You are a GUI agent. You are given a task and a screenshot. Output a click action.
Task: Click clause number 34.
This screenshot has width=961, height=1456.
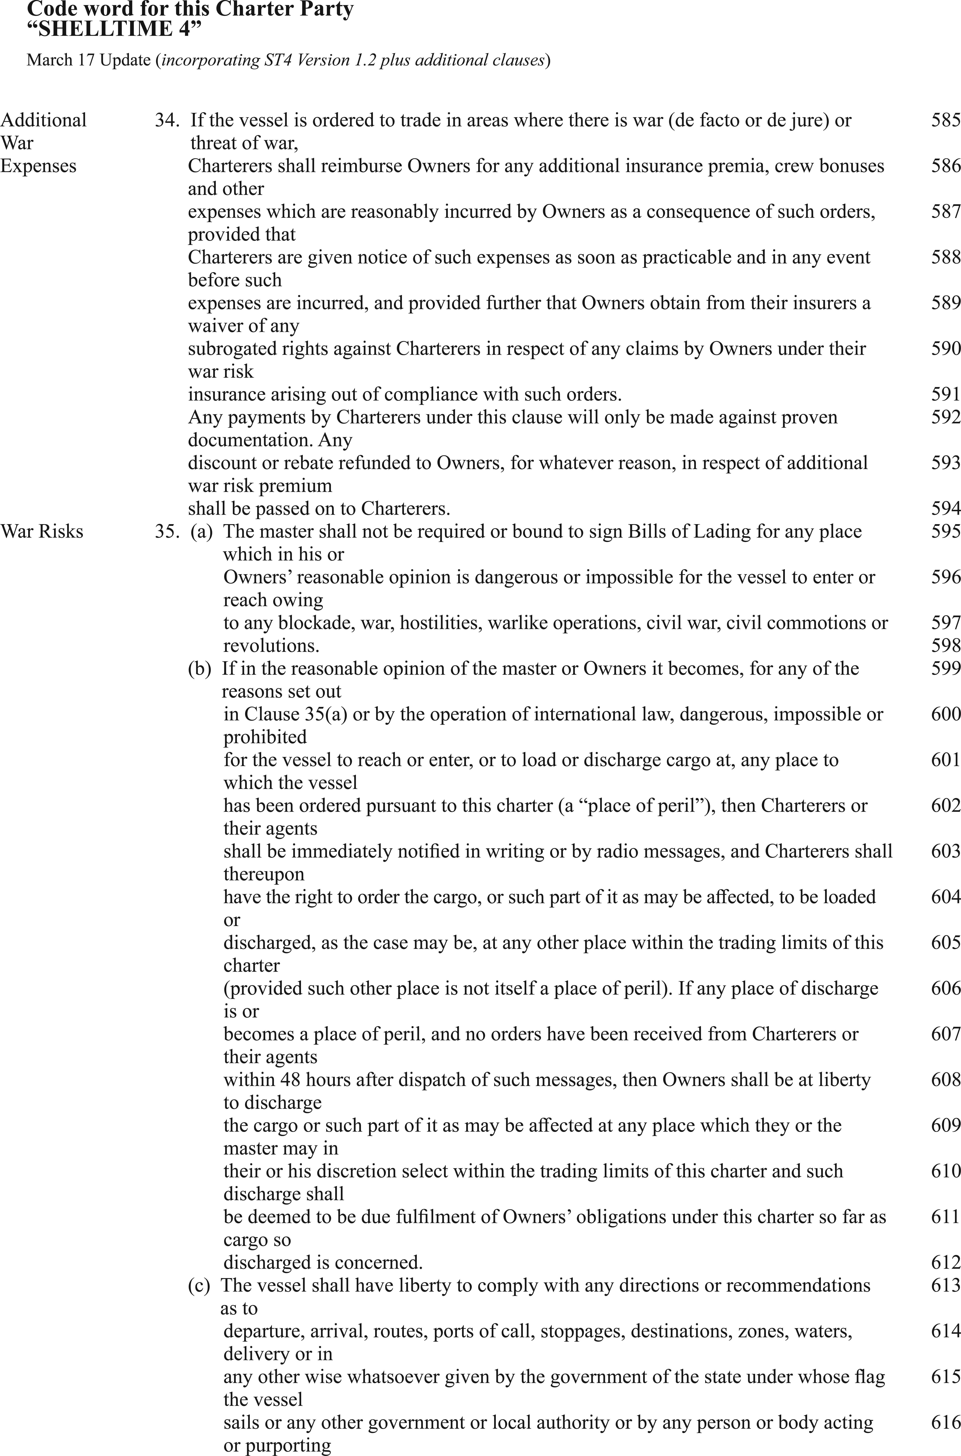pyautogui.click(x=166, y=120)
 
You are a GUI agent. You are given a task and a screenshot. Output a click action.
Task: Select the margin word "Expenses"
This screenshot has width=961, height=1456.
pyautogui.click(x=38, y=166)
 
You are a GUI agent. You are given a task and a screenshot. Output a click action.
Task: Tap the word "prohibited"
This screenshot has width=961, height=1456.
pyautogui.click(x=265, y=737)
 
